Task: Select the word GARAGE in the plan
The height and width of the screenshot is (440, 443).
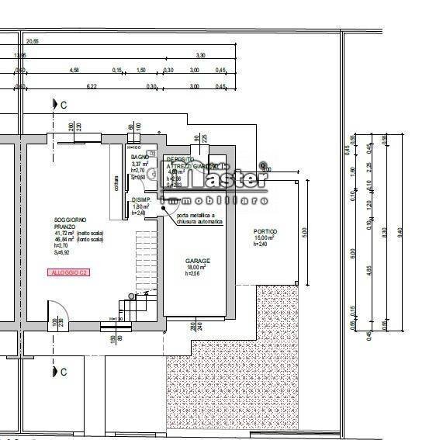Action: click(198, 261)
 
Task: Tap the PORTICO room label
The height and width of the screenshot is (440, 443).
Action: click(265, 232)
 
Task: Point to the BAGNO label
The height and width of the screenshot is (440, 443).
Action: click(140, 158)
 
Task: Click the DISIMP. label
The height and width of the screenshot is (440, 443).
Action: click(140, 200)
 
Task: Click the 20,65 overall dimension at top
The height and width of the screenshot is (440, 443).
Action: click(33, 40)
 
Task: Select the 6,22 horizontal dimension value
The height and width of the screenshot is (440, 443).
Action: click(92, 87)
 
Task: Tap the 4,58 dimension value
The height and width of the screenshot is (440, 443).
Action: click(74, 71)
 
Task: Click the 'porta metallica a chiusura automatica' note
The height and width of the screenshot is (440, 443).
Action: click(199, 218)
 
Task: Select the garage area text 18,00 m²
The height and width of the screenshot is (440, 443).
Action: click(197, 268)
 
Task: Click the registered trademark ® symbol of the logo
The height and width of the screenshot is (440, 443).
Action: click(263, 165)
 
